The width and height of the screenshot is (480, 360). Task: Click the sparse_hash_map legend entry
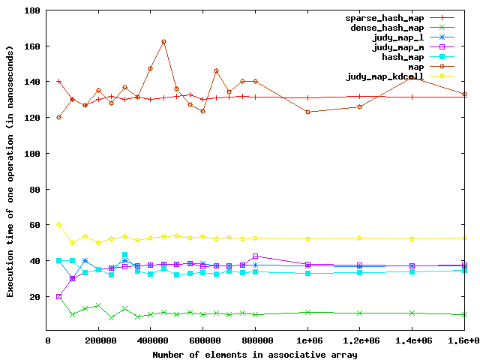coord(383,17)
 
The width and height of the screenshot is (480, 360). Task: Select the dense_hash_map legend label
coord(386,27)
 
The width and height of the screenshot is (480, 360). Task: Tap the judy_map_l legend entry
coord(398,37)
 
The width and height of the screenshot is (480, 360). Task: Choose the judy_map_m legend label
coord(398,46)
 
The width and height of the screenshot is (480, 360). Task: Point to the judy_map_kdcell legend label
coord(383,76)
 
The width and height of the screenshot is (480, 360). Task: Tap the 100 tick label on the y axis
coord(31,154)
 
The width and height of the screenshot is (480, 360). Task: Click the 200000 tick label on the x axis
coord(99,341)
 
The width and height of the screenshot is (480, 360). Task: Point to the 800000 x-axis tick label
coord(256,341)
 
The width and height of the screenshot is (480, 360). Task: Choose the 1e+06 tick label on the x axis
coord(307,341)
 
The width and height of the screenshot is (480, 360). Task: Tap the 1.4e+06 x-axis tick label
coord(412,341)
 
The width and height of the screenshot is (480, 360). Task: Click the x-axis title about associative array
coord(255,354)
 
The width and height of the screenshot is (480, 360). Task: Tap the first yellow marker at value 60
coord(59,224)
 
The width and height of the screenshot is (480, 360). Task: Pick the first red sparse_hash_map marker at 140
coord(59,81)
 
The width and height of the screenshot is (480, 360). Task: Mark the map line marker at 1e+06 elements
coord(307,112)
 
